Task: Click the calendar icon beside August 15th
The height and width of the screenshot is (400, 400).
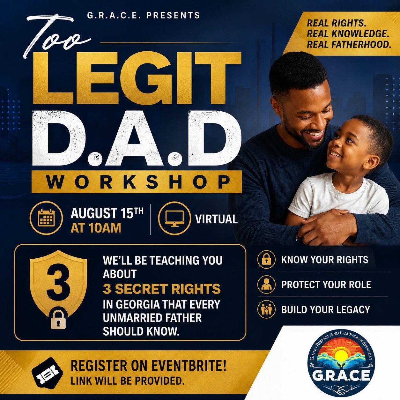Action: (46, 218)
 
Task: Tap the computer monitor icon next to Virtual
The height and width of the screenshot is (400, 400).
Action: (174, 219)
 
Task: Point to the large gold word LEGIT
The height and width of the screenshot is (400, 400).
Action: (137, 78)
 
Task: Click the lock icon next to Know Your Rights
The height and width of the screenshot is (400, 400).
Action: (266, 260)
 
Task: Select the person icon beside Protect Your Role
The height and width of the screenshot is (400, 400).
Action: (266, 284)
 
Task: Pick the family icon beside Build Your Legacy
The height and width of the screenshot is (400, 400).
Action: (266, 309)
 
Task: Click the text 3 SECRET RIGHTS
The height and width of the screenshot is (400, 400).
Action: (162, 289)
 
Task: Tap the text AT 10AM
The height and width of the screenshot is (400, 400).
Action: (96, 228)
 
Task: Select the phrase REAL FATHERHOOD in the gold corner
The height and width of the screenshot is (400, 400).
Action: (349, 45)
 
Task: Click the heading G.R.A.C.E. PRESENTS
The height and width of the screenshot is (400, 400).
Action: (144, 15)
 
